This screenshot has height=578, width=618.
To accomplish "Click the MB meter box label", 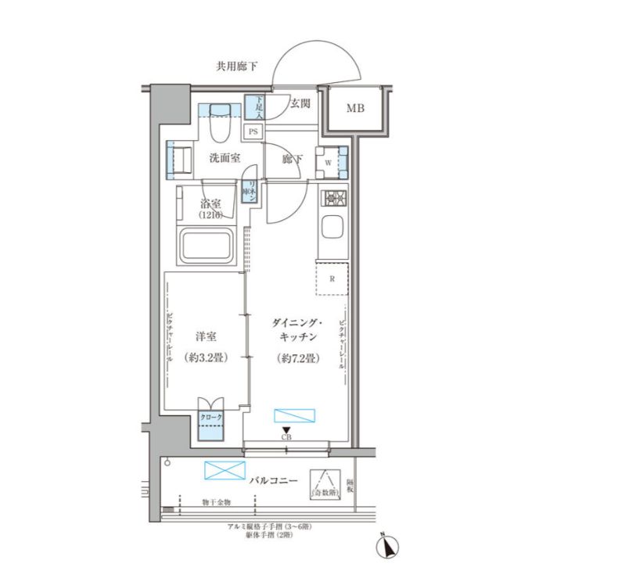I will click(x=355, y=109).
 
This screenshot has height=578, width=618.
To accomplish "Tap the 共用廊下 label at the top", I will click(x=236, y=67).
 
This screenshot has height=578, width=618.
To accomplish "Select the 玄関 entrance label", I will click(x=300, y=102).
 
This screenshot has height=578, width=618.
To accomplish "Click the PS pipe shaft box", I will click(x=253, y=131).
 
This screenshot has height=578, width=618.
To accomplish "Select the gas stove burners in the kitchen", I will click(x=333, y=198).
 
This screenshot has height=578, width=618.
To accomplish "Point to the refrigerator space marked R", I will click(x=332, y=278).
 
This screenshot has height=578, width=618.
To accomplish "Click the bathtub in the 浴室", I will click(x=207, y=246).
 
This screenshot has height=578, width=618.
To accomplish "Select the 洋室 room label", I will click(x=206, y=337).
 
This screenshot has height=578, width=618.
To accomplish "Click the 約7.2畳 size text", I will click(x=295, y=358).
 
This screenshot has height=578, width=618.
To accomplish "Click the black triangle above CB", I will click(x=287, y=429).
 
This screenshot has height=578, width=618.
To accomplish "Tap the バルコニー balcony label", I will click(x=274, y=479).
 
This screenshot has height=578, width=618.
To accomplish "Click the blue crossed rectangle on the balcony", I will click(x=225, y=470).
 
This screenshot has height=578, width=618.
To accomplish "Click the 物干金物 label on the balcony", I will click(x=216, y=501).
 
